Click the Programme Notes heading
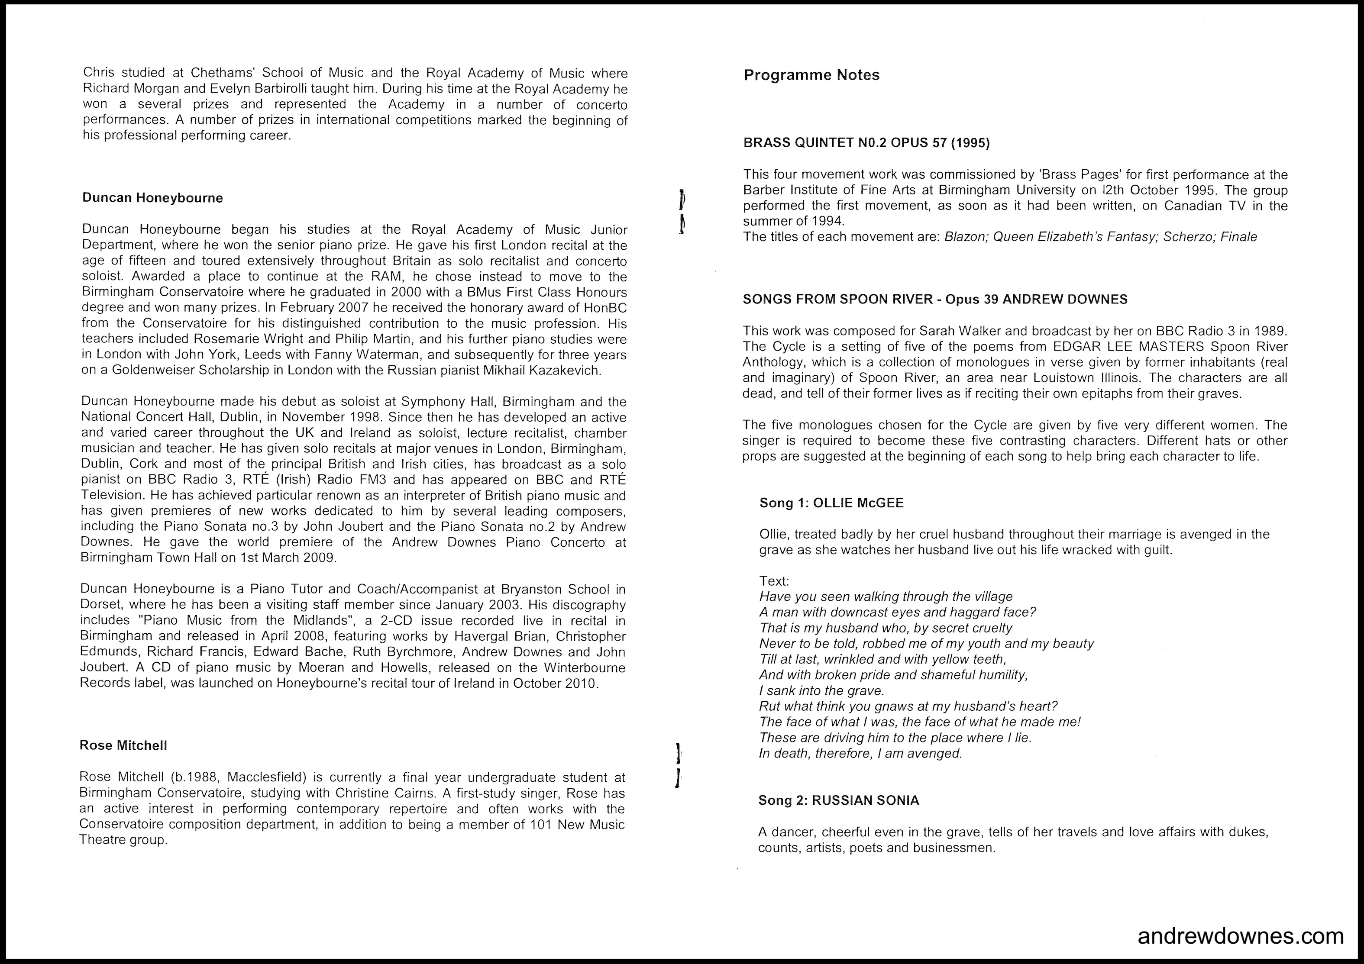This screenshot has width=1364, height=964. pos(811,75)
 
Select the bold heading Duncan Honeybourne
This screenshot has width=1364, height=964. pos(153,198)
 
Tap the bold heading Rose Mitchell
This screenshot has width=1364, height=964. pos(123,745)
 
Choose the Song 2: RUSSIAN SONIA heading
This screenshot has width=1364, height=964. pos(839,800)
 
